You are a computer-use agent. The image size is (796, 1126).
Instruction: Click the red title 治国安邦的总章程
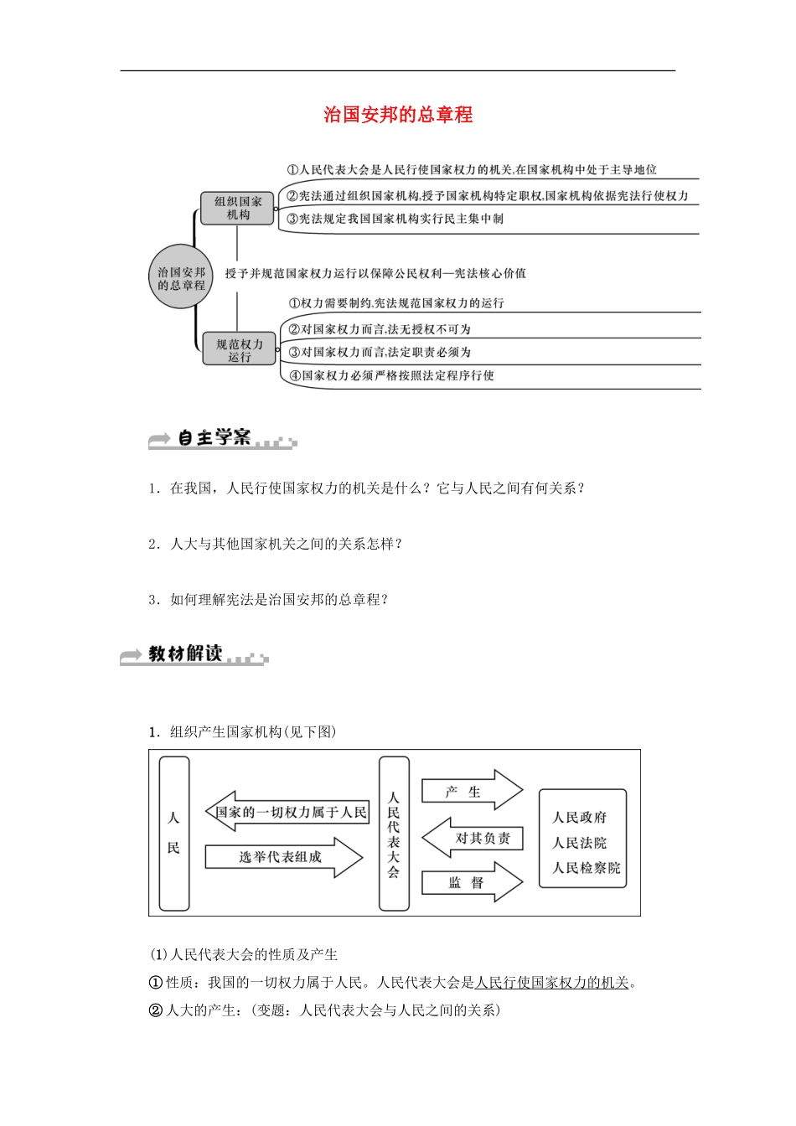tap(398, 115)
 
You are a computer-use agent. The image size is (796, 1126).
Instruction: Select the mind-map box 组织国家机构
tap(238, 208)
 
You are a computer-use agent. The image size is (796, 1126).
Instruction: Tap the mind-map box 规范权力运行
tap(239, 349)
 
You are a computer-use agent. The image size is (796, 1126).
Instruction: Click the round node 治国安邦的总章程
tap(181, 277)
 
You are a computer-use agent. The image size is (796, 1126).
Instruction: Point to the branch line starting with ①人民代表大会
tap(472, 170)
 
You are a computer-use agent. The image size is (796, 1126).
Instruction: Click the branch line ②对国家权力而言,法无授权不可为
tap(380, 329)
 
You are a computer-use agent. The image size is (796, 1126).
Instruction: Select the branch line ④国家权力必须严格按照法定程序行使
tap(391, 375)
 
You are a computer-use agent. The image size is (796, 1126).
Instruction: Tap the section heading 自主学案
tap(215, 438)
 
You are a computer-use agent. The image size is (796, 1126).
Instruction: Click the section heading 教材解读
tap(185, 653)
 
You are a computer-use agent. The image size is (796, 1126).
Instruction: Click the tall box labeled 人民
tap(173, 833)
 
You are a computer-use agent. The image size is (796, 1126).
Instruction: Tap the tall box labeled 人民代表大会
tap(394, 834)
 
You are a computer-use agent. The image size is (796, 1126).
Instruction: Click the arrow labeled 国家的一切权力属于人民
tap(287, 812)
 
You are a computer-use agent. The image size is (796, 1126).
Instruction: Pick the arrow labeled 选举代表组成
tap(282, 857)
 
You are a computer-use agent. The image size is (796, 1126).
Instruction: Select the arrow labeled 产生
tap(469, 791)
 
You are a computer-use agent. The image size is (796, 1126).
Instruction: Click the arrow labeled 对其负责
tap(475, 838)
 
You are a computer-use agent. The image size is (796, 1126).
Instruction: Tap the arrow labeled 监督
tap(469, 882)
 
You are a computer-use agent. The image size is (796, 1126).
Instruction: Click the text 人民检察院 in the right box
tap(587, 868)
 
